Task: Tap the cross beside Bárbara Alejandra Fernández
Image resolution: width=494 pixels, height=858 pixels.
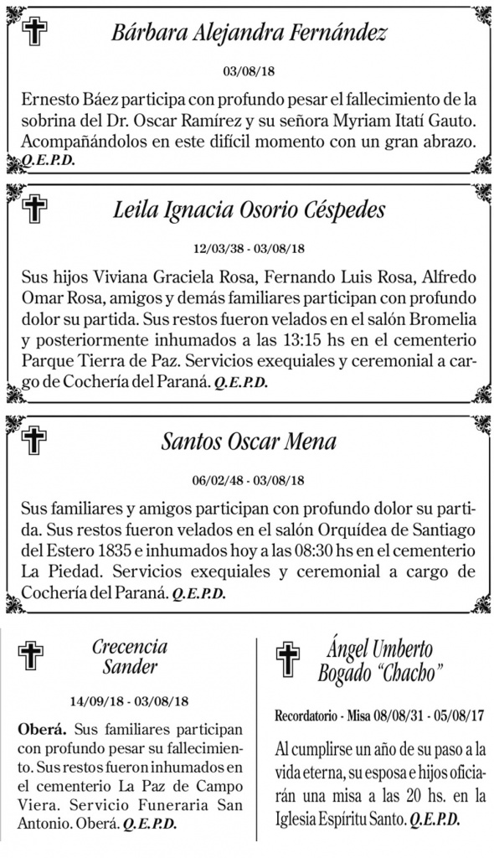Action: click(34, 32)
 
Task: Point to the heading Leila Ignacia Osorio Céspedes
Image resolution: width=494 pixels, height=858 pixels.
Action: click(249, 209)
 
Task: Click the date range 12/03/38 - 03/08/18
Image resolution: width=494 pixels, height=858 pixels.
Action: click(249, 249)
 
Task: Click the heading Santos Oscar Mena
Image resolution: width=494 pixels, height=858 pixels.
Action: click(249, 442)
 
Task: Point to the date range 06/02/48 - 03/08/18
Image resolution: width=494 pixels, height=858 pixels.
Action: click(249, 481)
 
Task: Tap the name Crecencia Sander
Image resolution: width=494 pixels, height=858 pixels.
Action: click(130, 657)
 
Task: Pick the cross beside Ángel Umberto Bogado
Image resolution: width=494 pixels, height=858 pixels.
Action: click(287, 659)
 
